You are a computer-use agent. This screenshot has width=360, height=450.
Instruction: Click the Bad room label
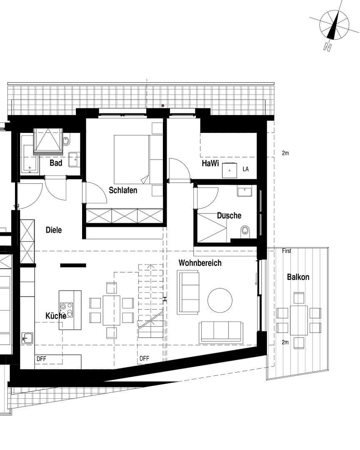point(56,163)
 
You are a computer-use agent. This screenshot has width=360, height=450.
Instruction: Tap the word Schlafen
point(123,190)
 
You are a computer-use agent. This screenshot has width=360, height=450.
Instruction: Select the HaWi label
point(210,164)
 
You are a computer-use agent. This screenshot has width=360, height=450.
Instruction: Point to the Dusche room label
point(229,215)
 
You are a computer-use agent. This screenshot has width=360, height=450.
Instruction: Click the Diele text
point(54,230)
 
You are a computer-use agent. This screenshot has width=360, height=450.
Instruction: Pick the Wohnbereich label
point(200,263)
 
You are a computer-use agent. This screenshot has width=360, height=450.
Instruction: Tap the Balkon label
point(298,277)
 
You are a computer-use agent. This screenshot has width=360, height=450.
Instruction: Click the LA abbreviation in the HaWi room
point(245,169)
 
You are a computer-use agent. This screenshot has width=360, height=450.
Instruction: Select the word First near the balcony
point(287,251)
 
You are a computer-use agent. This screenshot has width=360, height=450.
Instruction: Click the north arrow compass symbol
point(334,25)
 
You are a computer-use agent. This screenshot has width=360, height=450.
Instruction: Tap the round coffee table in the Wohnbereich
point(220,300)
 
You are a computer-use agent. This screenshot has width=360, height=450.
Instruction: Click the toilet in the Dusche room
point(245,230)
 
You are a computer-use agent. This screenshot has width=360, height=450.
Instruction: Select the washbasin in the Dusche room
point(244,192)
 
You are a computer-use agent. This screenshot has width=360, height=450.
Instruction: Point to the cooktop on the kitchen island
point(66,310)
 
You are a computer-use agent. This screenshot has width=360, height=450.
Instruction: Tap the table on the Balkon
point(299,320)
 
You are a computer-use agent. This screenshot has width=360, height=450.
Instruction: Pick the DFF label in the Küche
point(41,358)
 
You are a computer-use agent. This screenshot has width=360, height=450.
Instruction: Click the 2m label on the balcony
point(285,342)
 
